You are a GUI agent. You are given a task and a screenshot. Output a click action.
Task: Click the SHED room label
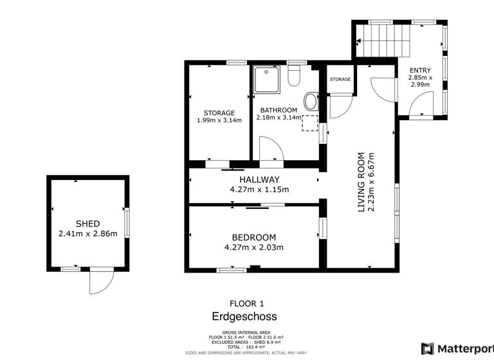click(87, 224)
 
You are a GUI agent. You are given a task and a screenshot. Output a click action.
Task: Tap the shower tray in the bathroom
click(264, 79)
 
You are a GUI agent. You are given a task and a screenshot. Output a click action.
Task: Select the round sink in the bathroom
click(310, 102)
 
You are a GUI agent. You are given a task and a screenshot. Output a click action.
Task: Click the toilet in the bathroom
click(295, 76)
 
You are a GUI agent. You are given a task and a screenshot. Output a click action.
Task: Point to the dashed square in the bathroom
click(310, 123)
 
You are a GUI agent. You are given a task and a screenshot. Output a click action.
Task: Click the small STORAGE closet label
click(340, 80)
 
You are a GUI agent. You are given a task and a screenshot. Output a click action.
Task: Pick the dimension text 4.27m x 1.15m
click(259, 190)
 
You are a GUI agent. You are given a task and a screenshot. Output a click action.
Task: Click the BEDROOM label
click(253, 237)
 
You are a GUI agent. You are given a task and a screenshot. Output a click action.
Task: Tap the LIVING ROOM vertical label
click(361, 182)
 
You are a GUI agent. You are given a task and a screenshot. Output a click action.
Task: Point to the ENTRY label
click(420, 71)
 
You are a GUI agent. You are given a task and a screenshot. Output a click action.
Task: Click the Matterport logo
click(457, 348)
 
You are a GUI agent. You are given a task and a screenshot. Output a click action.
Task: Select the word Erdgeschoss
click(244, 317)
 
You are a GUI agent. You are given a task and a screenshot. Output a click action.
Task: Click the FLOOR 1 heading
click(246, 303)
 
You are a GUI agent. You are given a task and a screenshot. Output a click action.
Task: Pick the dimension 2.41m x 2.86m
click(87, 233)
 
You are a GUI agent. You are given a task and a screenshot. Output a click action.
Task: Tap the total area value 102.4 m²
click(255, 347)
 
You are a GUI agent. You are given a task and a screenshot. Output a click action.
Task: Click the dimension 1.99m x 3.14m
click(219, 120)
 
